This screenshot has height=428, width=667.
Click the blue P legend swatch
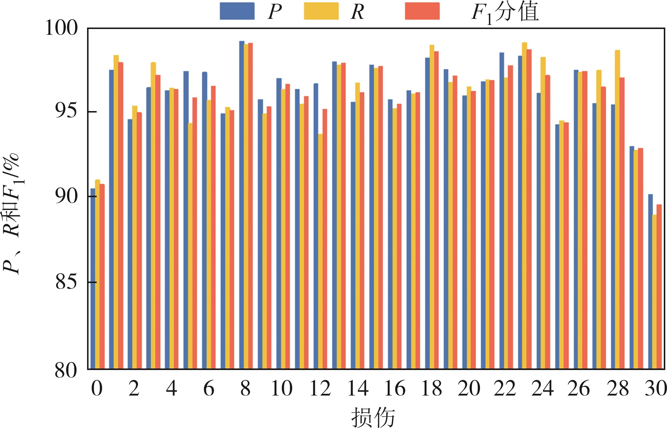click(237, 11)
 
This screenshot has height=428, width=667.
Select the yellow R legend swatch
click(321, 11)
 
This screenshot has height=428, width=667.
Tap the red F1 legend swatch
click(422, 11)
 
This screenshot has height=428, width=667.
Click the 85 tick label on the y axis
click(66, 282)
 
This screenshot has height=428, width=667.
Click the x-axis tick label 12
click(320, 389)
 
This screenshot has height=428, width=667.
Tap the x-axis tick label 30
click(655, 389)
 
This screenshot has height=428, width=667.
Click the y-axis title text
click(12, 215)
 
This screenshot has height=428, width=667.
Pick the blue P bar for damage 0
click(93, 278)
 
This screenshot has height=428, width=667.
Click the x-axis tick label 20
click(469, 389)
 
